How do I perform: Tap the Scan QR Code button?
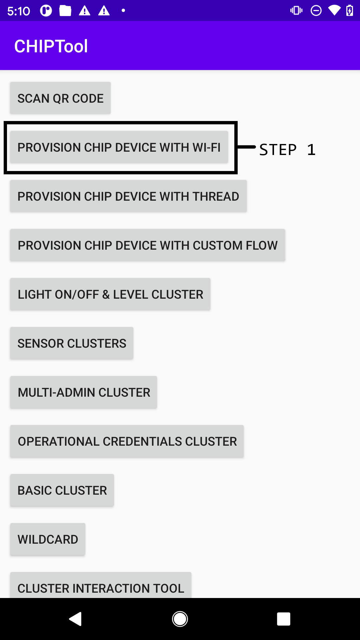[60, 98]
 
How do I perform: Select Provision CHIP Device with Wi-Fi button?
[119, 147]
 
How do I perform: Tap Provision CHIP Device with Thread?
[128, 196]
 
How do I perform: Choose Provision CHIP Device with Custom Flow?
[148, 245]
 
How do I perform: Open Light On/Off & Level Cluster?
[110, 294]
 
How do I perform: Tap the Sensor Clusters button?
[72, 343]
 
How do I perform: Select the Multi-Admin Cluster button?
[84, 392]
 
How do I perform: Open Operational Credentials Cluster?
[127, 441]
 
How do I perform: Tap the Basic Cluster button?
[62, 490]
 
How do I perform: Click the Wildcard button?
[48, 539]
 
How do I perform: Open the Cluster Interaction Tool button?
[101, 587]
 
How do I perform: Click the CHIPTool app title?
[51, 46]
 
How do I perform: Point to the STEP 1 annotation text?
[287, 150]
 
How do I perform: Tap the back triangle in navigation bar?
[76, 619]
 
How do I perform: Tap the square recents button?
[283, 619]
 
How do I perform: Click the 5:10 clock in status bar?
[19, 11]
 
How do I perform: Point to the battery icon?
[350, 11]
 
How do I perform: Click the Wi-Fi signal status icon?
[334, 11]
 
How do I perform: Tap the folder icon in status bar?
[65, 11]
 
